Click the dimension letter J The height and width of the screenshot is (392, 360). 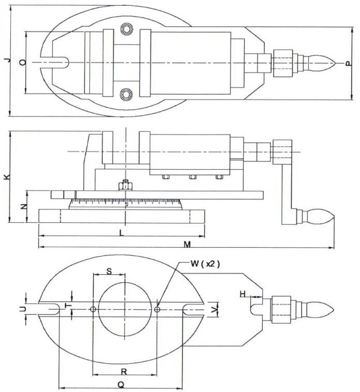pyautogui.click(x=6, y=61)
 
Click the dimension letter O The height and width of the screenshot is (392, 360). pyautogui.click(x=22, y=62)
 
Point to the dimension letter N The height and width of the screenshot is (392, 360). pyautogui.click(x=23, y=207)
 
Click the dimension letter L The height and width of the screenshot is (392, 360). pyautogui.click(x=121, y=233)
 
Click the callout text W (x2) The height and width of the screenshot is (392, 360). pyautogui.click(x=205, y=264)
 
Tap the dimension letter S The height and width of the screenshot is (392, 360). pyautogui.click(x=109, y=271)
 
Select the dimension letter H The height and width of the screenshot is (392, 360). pyautogui.click(x=243, y=294)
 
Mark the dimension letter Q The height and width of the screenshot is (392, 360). pyautogui.click(x=121, y=384)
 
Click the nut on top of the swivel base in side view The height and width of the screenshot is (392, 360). pyautogui.click(x=125, y=185)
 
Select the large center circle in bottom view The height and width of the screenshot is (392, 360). pyautogui.click(x=125, y=309)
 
